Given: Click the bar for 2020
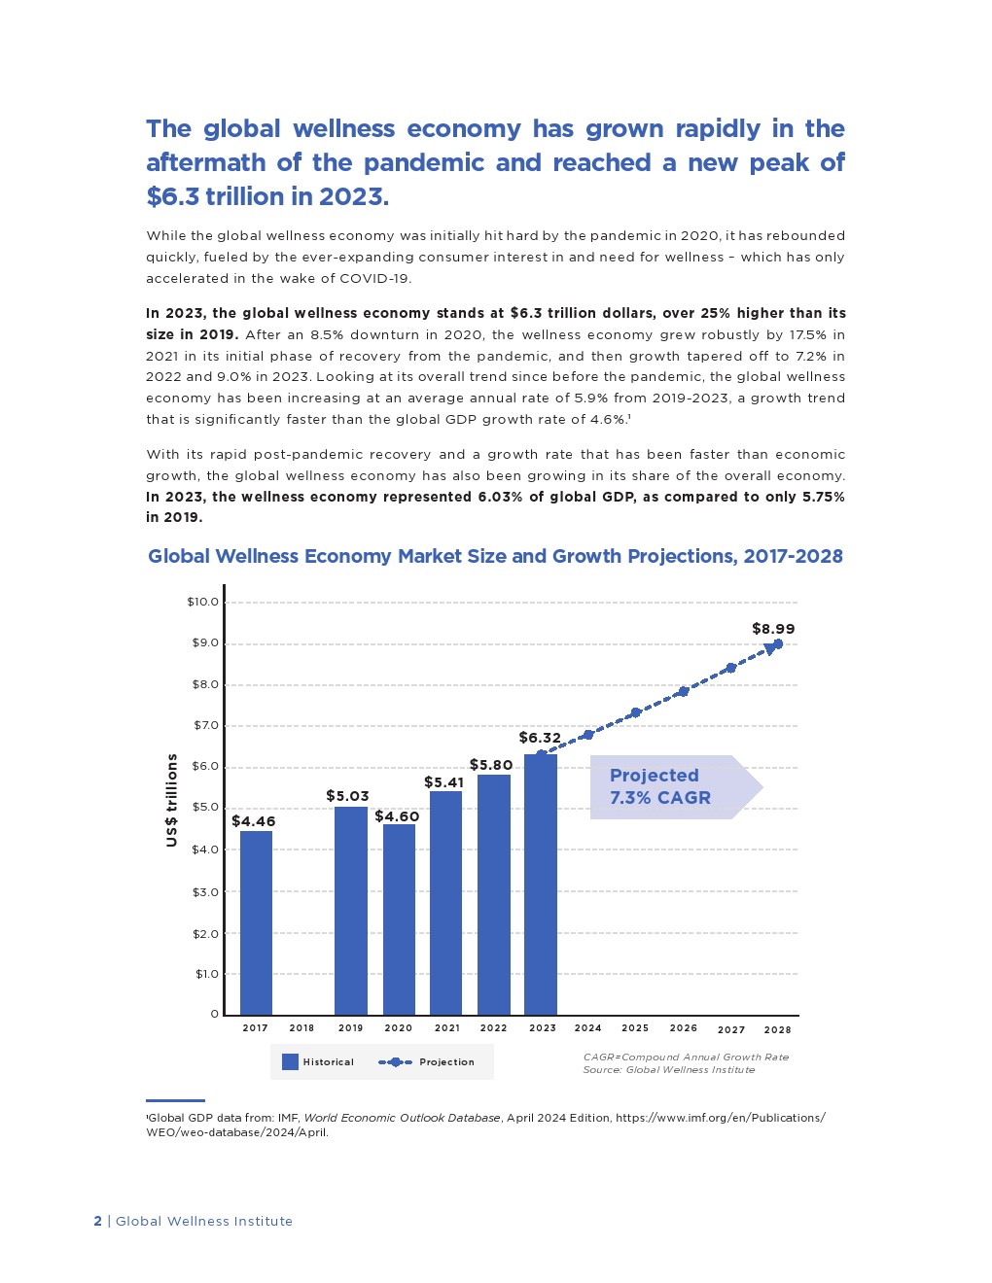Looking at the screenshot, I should coord(399,919).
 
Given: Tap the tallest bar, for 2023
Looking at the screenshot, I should coord(541,884).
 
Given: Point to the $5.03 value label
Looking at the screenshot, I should coord(347,796).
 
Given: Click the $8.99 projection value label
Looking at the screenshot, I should coord(773,629).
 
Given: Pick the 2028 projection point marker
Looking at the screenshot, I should coord(777,643).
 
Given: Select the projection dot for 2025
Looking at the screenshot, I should coord(636,712).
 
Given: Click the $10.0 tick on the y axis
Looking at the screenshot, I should coord(203,602).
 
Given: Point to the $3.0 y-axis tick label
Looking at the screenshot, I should coord(205,891).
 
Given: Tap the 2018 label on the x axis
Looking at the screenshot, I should coord(301,1027).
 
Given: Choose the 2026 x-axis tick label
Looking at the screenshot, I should coord(683,1027).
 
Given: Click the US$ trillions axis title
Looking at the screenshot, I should coord(172,800).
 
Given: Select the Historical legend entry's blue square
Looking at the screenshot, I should coord(290,1061).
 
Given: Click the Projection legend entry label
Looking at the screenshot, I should coord(446,1062).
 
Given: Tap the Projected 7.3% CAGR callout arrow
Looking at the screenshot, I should coord(675,787).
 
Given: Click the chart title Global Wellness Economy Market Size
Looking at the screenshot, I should coord(495,556).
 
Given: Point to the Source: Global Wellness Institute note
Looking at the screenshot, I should coord(668,1070).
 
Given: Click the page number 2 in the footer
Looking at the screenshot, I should coord(97,1221).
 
